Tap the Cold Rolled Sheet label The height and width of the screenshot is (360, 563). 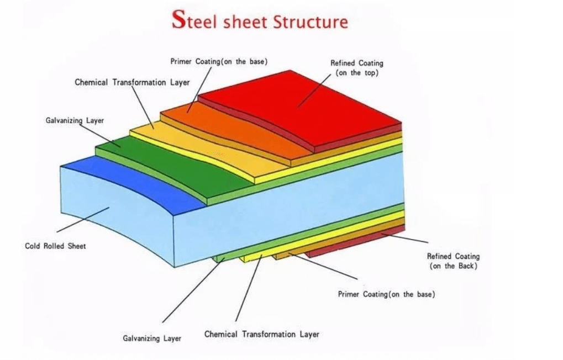tap(55, 246)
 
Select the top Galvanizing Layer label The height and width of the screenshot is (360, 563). tap(75, 120)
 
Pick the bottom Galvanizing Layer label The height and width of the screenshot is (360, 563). tap(151, 338)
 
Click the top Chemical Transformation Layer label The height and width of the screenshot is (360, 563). tap(132, 82)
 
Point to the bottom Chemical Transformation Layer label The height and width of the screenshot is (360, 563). tap(261, 334)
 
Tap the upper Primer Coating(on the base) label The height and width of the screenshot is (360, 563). tap(222, 61)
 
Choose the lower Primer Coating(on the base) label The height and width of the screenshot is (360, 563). tap(386, 294)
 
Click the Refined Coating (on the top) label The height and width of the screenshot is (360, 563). tap(356, 68)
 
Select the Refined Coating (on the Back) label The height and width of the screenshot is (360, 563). tap(453, 261)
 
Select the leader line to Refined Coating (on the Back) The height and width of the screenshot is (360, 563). tap(403, 237)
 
